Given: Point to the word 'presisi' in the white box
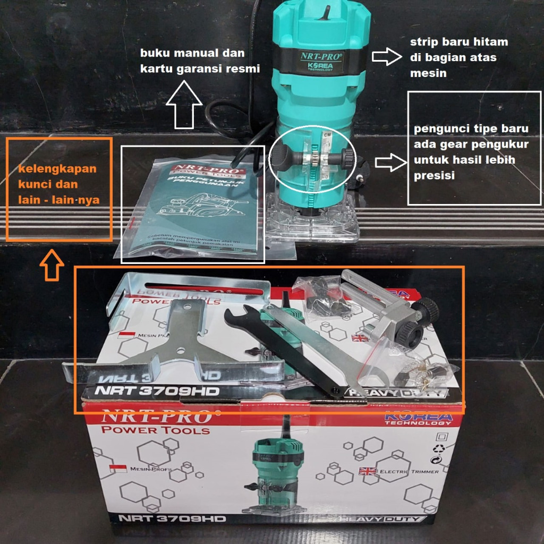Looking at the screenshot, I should click(433, 175).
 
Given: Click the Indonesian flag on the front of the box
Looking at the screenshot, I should click(118, 469).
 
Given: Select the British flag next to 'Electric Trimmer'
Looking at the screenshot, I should click(368, 471).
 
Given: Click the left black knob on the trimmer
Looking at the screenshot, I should click(282, 155).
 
